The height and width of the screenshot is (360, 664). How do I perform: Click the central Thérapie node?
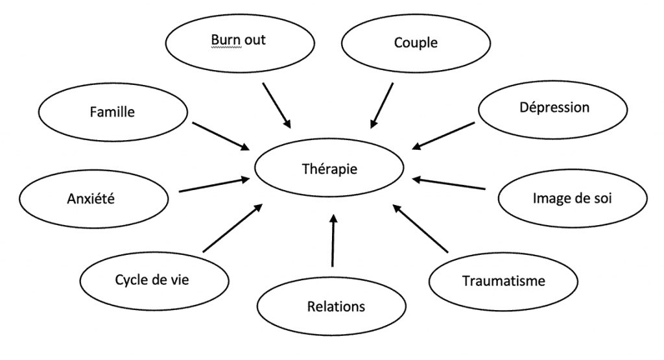pyautogui.click(x=329, y=169)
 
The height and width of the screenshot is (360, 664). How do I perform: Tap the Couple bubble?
pyautogui.click(x=416, y=43)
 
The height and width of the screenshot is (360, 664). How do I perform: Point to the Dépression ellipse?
pyautogui.click(x=554, y=107)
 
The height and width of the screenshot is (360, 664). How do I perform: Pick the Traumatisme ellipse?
pyautogui.click(x=503, y=282)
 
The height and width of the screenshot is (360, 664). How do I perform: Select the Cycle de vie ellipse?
pyautogui.click(x=154, y=280)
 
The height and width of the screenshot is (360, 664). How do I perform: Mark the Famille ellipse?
pyautogui.click(x=113, y=112)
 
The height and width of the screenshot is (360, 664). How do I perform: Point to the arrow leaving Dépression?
pyautogui.click(x=443, y=134)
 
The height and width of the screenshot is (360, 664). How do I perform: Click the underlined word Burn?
pyautogui.click(x=223, y=40)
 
